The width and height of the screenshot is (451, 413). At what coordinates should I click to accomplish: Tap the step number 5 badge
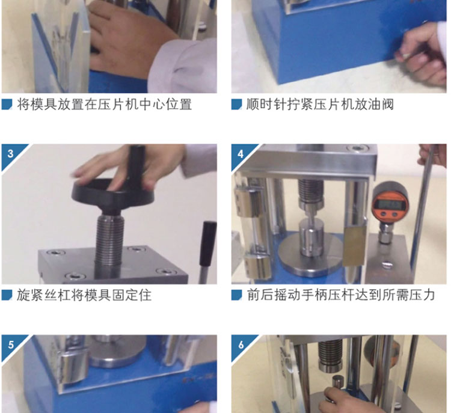click(11, 344)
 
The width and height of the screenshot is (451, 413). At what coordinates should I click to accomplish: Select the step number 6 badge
click(241, 344)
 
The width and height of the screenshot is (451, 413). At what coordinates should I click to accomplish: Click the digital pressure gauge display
click(390, 205)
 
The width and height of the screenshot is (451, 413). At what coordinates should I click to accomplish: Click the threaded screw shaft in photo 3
click(109, 242)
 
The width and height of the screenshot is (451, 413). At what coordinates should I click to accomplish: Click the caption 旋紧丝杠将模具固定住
click(84, 295)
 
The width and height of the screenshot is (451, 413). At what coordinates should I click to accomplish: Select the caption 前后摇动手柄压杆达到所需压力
click(341, 295)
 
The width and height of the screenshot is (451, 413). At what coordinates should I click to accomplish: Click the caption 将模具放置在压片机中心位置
click(104, 105)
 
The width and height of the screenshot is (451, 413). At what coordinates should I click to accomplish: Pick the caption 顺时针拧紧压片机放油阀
click(320, 105)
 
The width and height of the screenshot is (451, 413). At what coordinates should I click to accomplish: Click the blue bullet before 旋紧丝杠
click(7, 295)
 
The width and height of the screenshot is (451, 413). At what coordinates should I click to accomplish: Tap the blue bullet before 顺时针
click(237, 105)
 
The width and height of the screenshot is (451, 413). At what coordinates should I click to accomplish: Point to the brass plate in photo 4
click(354, 245)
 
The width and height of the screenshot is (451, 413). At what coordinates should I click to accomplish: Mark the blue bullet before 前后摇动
click(237, 295)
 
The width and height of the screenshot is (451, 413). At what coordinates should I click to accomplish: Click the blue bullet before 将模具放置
click(7, 105)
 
